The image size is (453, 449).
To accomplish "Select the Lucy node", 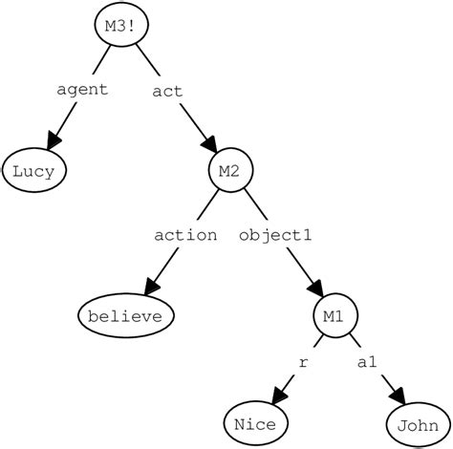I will (x=34, y=173).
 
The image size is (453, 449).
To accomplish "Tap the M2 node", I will (x=228, y=172).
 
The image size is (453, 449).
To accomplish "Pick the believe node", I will (x=126, y=315).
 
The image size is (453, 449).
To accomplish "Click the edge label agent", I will (x=83, y=90).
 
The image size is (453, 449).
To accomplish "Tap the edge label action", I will (x=184, y=234).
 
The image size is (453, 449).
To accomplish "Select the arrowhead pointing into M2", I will (x=210, y=145).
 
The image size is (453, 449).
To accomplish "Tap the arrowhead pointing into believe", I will (x=149, y=286).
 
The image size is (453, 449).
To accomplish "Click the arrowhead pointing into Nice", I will (x=277, y=395).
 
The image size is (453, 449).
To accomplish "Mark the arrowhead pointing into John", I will (x=397, y=395).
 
